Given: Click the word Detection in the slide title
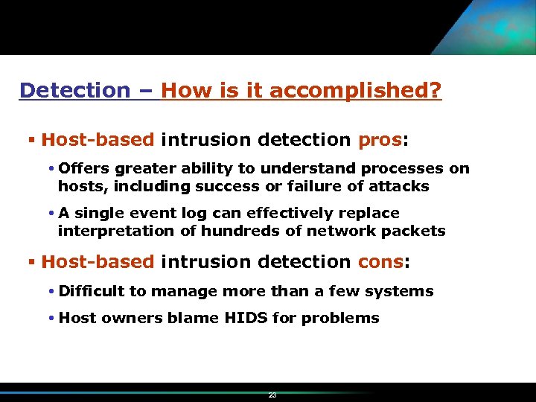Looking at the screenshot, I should click(x=74, y=91).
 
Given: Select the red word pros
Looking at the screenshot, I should click(x=380, y=140).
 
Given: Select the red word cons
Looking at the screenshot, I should click(x=382, y=262).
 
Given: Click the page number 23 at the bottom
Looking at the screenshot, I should click(x=272, y=395).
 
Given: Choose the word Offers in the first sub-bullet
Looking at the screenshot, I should click(x=85, y=169).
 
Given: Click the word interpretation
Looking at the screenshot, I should click(x=116, y=231).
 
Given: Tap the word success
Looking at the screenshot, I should click(x=229, y=187).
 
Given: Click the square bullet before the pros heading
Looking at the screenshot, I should click(x=31, y=140).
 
